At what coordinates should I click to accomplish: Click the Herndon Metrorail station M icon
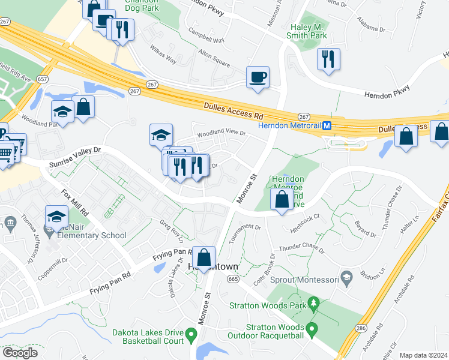pyautogui.click(x=327, y=126)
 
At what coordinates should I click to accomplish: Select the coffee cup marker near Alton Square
pyautogui.click(x=258, y=77)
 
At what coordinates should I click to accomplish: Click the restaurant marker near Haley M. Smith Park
pyautogui.click(x=328, y=59)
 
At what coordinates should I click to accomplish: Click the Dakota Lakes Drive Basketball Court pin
pyautogui.click(x=191, y=334)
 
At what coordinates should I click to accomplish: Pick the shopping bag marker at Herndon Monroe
pyautogui.click(x=282, y=199)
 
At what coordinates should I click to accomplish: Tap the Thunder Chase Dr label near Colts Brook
pyautogui.click(x=300, y=248)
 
